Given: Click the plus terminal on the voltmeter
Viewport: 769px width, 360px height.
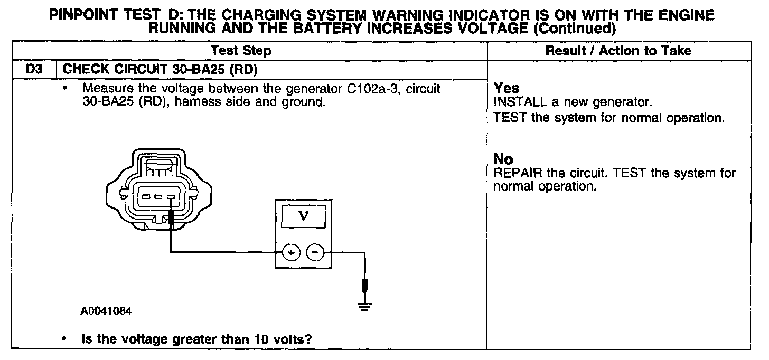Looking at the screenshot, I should pyautogui.click(x=291, y=253).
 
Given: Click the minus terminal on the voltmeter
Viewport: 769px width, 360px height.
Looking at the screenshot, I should pyautogui.click(x=315, y=253).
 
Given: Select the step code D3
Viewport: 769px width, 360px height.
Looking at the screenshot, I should pyautogui.click(x=33, y=69).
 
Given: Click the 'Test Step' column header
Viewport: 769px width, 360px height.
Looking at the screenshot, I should pyautogui.click(x=241, y=51).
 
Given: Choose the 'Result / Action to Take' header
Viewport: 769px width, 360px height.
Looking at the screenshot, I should pyautogui.click(x=618, y=51).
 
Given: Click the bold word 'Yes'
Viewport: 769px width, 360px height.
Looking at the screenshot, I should pyautogui.click(x=507, y=89).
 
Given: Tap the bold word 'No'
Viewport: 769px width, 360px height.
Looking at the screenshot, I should pyautogui.click(x=503, y=159).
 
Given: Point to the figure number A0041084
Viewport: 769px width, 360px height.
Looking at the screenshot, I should pyautogui.click(x=106, y=311).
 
